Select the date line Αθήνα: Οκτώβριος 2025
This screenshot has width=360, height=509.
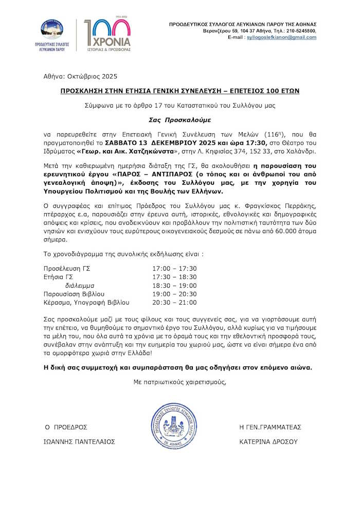80,77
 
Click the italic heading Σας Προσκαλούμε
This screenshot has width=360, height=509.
180,120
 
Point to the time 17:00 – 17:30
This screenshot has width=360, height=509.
174,268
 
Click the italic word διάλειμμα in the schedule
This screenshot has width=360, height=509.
79,285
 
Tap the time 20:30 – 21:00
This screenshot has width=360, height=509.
174,302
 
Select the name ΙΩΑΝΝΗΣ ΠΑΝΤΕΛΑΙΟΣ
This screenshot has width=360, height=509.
80,442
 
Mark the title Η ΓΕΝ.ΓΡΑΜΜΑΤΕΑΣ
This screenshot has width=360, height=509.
271,427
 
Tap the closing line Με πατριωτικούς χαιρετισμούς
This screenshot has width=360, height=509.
179,382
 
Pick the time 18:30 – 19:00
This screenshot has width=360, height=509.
174,285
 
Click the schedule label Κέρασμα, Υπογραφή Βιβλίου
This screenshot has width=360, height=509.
86,302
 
